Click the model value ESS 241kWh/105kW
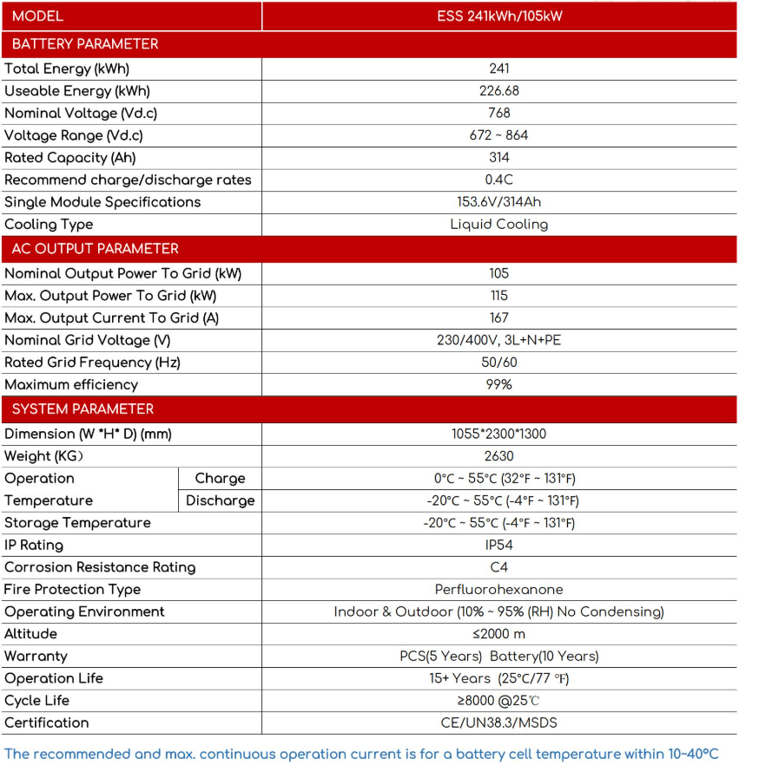click(x=499, y=16)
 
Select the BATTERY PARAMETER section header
click(x=85, y=44)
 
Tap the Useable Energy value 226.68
click(x=499, y=91)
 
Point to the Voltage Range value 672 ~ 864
click(x=498, y=135)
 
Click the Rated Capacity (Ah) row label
click(x=70, y=158)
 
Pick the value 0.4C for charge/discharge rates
click(x=499, y=180)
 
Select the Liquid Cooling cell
click(x=499, y=224)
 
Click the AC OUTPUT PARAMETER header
click(x=95, y=249)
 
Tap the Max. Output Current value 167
click(x=499, y=317)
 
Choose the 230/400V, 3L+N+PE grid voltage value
click(x=499, y=340)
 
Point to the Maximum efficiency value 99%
click(x=499, y=384)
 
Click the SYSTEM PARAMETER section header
click(x=82, y=409)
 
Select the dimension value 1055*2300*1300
click(x=499, y=434)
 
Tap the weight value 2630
click(x=499, y=456)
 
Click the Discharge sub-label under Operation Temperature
click(x=221, y=500)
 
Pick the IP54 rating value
click(x=499, y=545)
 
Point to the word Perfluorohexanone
click(x=499, y=590)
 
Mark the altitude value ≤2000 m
click(x=499, y=634)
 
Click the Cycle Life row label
click(x=37, y=701)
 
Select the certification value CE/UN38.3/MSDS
click(x=499, y=722)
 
